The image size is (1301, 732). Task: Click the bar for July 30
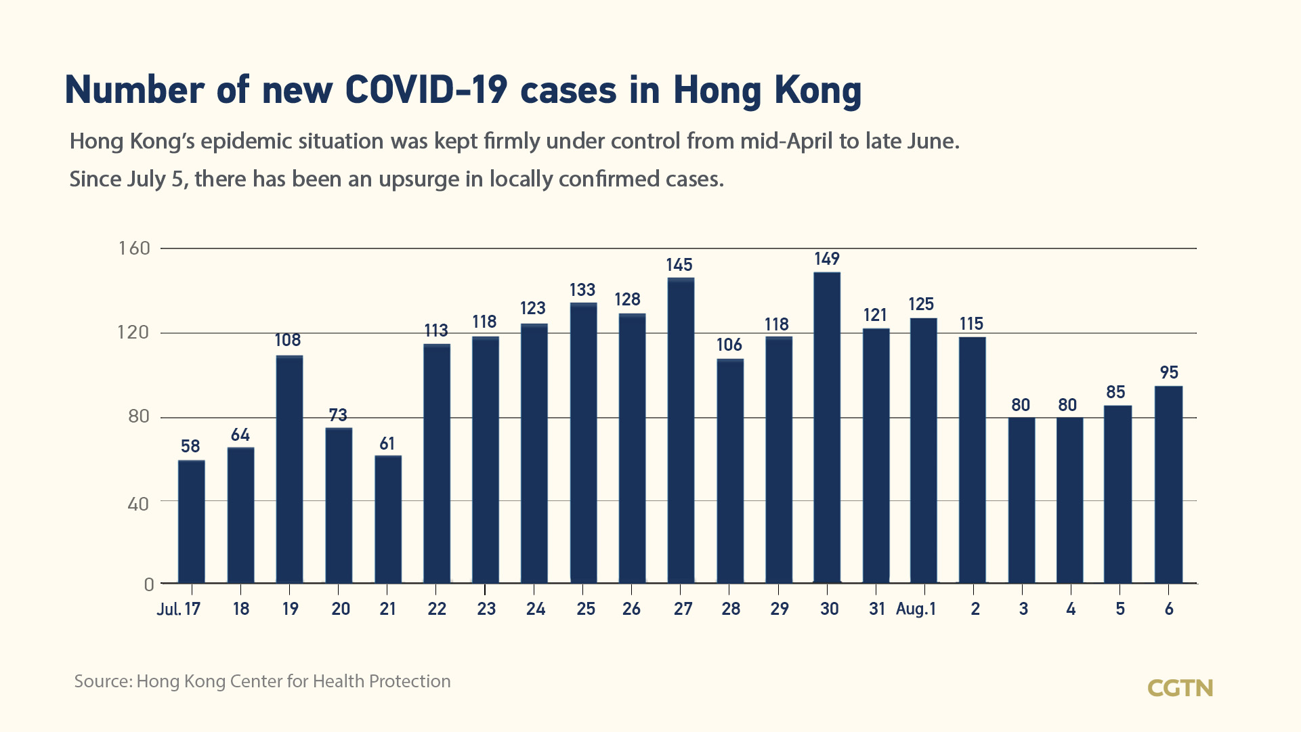[827, 427]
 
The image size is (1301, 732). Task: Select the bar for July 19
[289, 469]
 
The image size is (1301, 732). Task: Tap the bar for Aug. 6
[1168, 484]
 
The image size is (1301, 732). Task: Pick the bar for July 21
[388, 519]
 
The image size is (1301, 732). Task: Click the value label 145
[679, 265]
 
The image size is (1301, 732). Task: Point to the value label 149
[827, 259]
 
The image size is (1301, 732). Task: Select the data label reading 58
[190, 446]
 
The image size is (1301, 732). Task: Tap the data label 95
[1169, 372]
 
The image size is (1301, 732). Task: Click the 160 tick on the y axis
[134, 249]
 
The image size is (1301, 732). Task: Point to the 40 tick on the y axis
[138, 504]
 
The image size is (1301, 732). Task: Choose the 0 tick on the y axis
[149, 584]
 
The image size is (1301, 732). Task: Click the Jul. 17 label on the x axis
[179, 609]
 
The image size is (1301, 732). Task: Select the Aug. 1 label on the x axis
[916, 609]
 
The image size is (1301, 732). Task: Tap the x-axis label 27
[683, 609]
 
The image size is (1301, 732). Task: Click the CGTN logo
[1180, 688]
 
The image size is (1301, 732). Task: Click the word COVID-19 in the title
[425, 89]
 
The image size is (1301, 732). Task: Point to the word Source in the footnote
[103, 681]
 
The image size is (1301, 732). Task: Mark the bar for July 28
[730, 471]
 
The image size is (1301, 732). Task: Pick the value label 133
[582, 290]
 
